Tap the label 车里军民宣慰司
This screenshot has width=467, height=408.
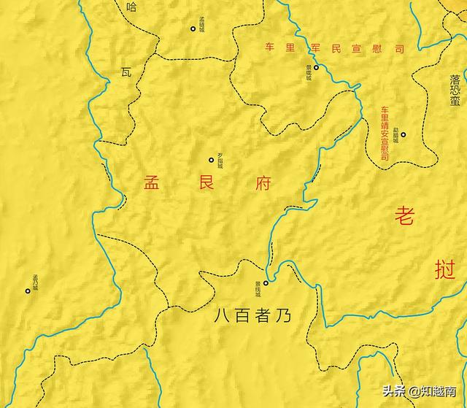pos(334,49)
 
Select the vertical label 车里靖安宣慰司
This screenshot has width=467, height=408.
pos(385,134)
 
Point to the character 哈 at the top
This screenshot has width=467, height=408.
pos(131,7)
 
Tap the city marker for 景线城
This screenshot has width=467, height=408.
pos(266,283)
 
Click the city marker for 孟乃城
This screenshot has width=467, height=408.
pos(28,290)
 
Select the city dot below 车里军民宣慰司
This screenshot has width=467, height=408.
pos(316,67)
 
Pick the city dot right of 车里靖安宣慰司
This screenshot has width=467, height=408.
pos(403,134)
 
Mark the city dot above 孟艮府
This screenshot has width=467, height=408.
pos(212,160)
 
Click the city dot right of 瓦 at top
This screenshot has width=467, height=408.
pos(193,29)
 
